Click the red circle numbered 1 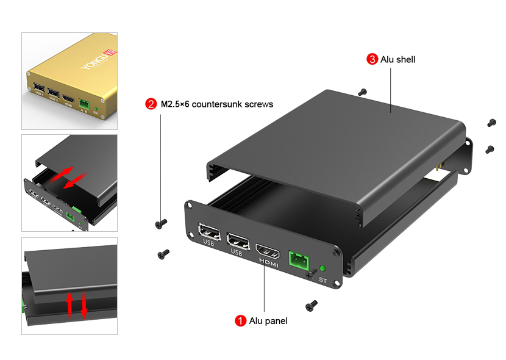click(241, 320)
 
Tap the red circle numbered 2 click(151, 104)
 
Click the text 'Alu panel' click(268, 320)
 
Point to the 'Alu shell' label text click(397, 59)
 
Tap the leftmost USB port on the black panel click(209, 234)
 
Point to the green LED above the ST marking click(322, 268)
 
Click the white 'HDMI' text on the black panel click(269, 264)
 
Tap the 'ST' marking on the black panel click(323, 280)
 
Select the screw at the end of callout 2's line click(161, 224)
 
